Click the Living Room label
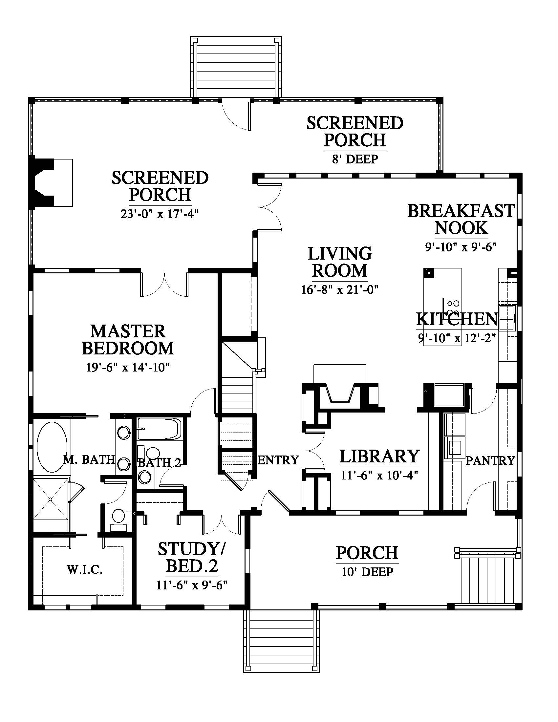click(x=340, y=262)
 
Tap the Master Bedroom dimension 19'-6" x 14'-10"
click(x=128, y=367)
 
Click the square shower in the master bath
click(x=50, y=499)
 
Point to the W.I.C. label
click(x=85, y=570)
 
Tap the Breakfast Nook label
click(x=461, y=219)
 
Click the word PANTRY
click(x=490, y=460)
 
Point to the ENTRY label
click(x=278, y=460)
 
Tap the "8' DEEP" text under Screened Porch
click(x=355, y=159)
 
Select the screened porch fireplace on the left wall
click(x=51, y=183)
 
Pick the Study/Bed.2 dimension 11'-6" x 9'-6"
click(x=192, y=585)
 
